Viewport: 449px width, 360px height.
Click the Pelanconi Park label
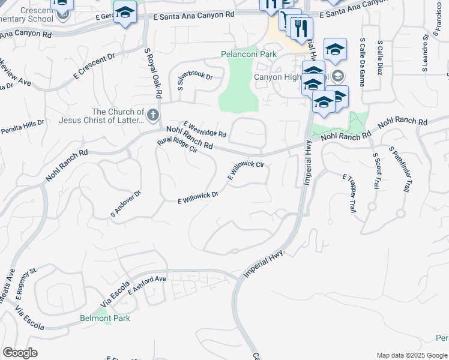(x=249, y=54)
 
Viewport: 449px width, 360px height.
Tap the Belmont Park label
(x=105, y=318)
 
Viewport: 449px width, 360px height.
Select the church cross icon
(x=153, y=114)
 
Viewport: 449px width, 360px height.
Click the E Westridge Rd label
(x=205, y=128)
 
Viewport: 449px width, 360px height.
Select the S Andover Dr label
(x=125, y=204)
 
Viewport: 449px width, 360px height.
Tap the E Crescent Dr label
(x=94, y=67)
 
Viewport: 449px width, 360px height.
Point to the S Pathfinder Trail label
(x=399, y=170)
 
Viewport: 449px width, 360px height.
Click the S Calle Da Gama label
(x=362, y=62)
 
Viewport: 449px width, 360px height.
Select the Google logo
(x=20, y=353)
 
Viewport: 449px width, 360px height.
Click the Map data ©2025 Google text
(x=411, y=355)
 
